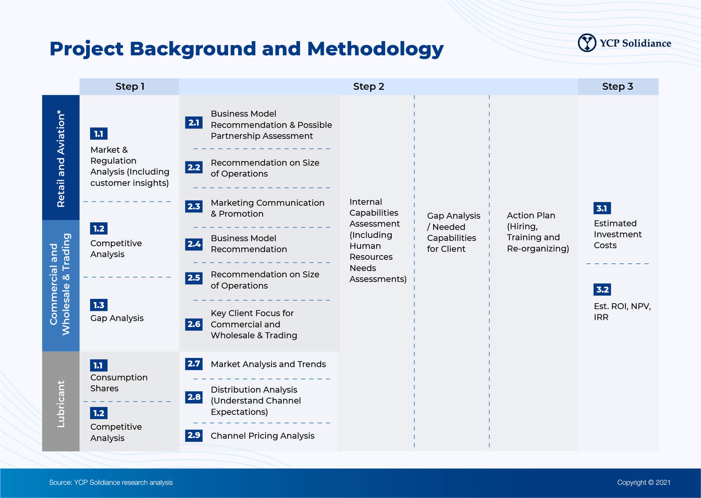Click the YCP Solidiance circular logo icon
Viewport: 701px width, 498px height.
tap(587, 43)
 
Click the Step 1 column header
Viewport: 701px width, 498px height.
tap(129, 86)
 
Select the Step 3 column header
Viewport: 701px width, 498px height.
tap(618, 86)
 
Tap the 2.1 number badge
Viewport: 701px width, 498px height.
tap(194, 123)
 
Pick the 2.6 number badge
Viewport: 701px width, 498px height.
tap(194, 324)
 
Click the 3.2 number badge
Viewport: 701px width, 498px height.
tap(602, 290)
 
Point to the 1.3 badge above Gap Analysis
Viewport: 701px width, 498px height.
tap(99, 305)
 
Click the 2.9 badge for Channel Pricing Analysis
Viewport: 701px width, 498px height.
tap(194, 435)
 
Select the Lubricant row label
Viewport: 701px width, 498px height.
tap(61, 404)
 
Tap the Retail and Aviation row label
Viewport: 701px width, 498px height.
tap(61, 158)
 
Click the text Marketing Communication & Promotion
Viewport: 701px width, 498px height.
tap(268, 208)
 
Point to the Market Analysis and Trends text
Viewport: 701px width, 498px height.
tap(268, 364)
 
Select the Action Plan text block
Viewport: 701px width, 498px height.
tap(537, 232)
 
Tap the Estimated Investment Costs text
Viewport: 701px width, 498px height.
tap(617, 234)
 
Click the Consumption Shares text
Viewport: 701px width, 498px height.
tap(119, 383)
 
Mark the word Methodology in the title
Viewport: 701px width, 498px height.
tap(375, 49)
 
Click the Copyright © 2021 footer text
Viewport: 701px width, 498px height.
tap(643, 482)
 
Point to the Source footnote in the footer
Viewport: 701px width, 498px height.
tap(111, 482)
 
